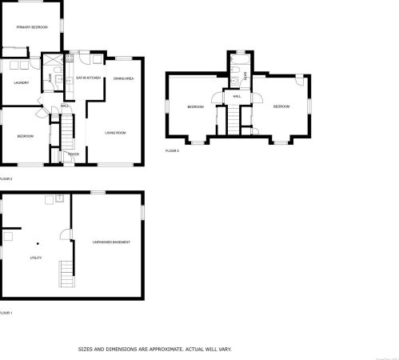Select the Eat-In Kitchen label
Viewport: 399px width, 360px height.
tap(88, 78)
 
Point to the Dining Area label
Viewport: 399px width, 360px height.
tap(123, 78)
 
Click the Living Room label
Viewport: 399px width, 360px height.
tap(117, 132)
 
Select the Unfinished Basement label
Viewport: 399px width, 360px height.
tap(111, 241)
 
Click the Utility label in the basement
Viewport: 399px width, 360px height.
tap(36, 258)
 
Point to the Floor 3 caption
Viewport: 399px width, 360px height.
tap(172, 150)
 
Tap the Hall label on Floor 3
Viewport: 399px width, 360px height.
tap(237, 96)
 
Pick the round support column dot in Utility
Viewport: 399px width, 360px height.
tap(37, 242)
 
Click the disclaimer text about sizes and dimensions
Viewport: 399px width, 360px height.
tap(154, 349)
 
